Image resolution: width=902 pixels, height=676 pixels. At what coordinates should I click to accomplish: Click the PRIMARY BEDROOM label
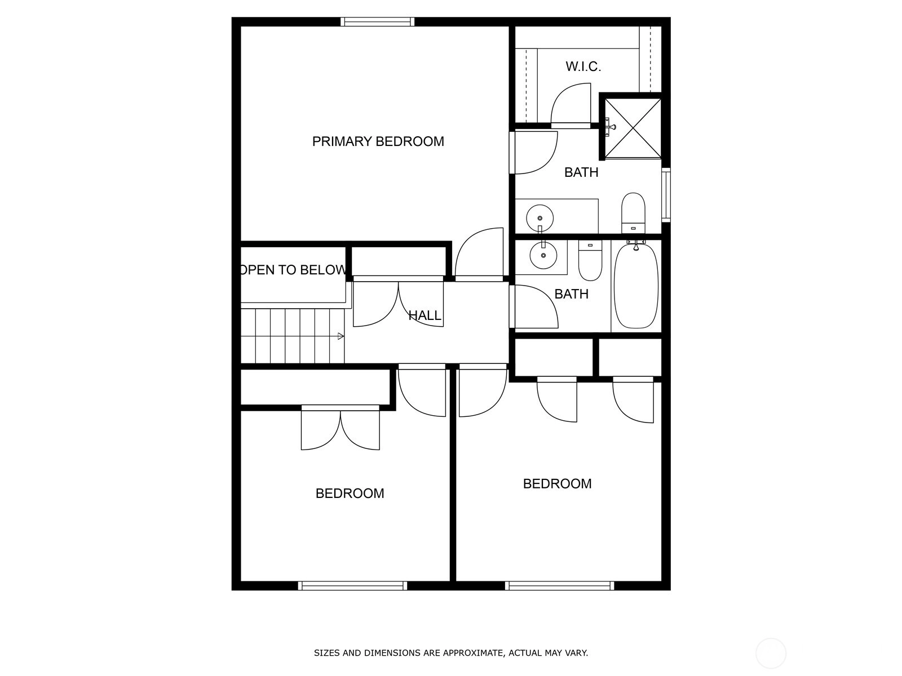378,141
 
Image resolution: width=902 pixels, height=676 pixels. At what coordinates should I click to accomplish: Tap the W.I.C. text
583,66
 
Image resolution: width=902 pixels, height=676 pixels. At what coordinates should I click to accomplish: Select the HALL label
425,315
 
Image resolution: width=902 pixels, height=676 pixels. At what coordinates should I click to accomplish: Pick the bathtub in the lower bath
636,286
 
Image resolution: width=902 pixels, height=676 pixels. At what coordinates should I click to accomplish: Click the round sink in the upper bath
540,218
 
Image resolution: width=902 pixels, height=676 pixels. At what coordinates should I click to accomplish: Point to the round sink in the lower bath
543,255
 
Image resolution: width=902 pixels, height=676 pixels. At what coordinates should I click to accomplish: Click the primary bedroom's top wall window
377,22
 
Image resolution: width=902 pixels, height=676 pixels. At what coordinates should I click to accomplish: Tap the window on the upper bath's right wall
666,195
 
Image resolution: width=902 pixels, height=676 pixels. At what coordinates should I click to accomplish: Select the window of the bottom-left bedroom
352,586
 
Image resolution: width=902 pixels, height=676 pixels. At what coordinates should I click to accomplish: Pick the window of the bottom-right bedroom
559,586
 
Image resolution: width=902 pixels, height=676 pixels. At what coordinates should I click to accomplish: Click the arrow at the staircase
341,336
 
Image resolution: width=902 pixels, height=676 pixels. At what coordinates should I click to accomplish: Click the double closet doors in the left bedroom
341,428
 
